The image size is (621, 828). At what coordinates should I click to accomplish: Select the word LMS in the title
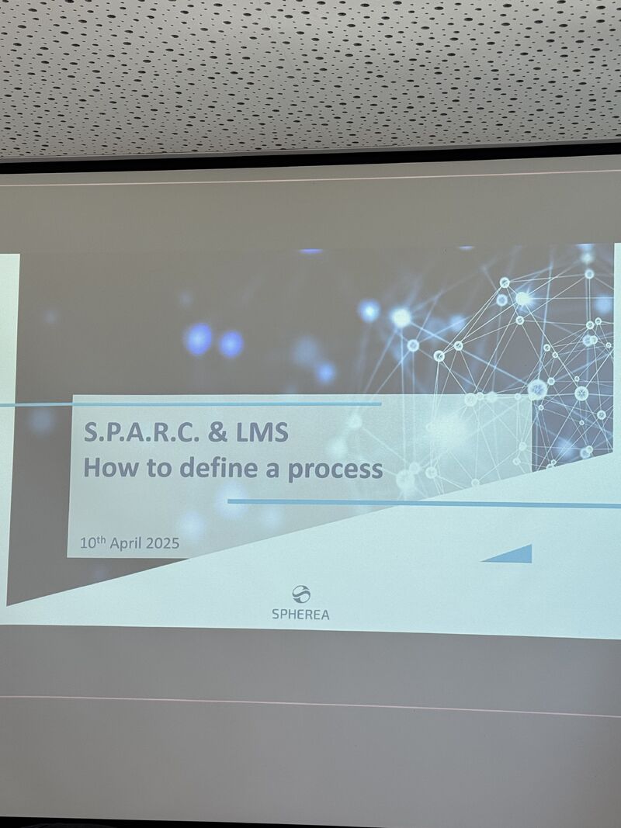coord(262,432)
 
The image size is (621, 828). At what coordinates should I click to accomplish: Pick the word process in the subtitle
coord(335,470)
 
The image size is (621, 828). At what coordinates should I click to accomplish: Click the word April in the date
coord(126,543)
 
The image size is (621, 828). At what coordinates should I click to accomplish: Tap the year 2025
coord(163,543)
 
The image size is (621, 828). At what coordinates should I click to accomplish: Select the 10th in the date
coord(92,542)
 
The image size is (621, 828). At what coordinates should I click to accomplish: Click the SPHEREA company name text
coord(300,614)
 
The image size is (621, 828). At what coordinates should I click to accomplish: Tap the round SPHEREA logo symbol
coord(301,594)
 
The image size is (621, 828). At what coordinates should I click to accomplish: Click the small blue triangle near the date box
coord(515,555)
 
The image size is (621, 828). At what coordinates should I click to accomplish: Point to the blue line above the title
coord(190,404)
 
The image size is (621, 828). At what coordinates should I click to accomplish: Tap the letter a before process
coord(272,470)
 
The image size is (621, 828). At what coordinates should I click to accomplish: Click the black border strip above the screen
coord(310,157)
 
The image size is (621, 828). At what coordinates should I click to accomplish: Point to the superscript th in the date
coord(102,539)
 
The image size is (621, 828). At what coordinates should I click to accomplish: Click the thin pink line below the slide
coord(310,706)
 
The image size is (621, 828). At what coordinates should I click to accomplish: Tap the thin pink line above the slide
coord(310,178)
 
